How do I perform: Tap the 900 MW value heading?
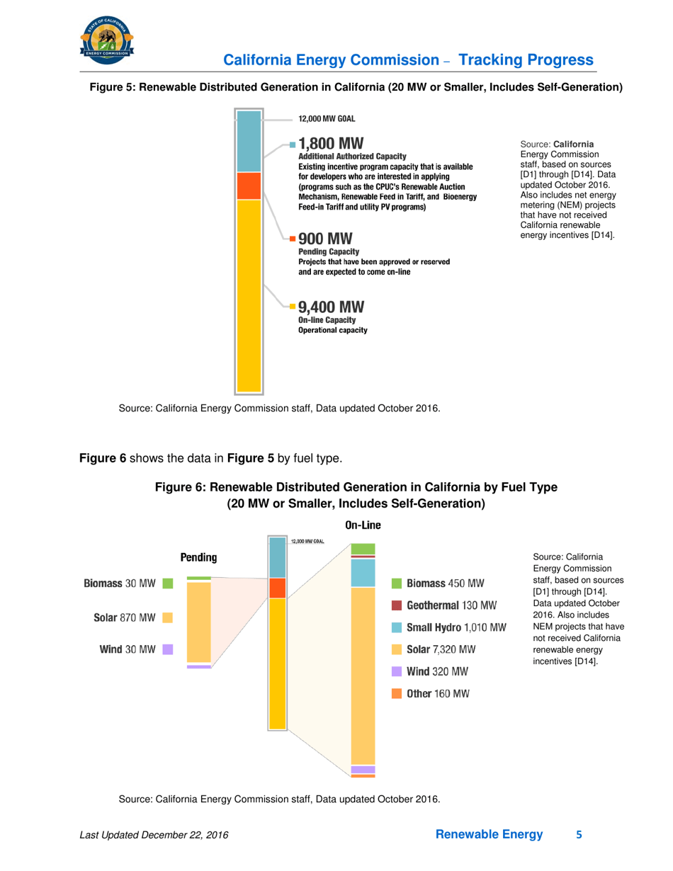click(325, 238)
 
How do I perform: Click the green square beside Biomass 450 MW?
click(397, 583)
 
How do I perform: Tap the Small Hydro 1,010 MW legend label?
click(456, 627)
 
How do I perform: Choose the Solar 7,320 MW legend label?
click(441, 649)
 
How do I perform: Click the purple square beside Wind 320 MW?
click(397, 671)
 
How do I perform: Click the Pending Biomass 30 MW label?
click(120, 583)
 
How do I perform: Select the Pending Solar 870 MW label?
click(125, 617)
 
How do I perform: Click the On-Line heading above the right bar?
click(363, 525)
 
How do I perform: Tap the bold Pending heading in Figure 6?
click(198, 558)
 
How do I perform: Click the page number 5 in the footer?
click(579, 835)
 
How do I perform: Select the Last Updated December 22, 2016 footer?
click(155, 836)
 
